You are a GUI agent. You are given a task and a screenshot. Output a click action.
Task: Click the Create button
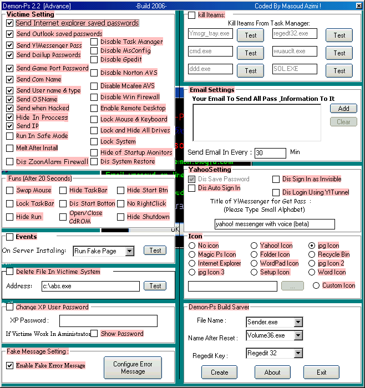point(219,372)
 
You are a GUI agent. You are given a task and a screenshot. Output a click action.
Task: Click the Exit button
point(322,372)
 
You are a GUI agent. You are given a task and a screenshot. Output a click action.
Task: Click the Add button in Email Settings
point(343,109)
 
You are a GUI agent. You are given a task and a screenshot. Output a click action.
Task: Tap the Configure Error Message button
point(133,367)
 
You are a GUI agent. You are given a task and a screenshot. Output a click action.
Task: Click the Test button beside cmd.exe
point(250,53)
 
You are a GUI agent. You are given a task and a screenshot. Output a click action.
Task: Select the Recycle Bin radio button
point(313,254)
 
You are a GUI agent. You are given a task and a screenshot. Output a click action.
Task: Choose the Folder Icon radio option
point(254,254)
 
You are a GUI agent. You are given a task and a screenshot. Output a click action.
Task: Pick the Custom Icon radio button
point(316,285)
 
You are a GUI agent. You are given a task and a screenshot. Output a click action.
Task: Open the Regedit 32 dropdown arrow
point(298,353)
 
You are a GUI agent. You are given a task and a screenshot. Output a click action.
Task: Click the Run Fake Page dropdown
point(104,251)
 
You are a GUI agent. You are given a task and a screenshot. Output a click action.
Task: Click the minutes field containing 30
point(270,152)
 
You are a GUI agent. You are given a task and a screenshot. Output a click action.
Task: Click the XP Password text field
point(108,321)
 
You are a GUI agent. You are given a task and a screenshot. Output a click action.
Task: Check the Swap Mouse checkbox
point(10,190)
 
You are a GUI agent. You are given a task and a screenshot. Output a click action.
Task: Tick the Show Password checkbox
point(94,334)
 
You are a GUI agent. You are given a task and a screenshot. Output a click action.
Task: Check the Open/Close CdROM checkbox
point(63,217)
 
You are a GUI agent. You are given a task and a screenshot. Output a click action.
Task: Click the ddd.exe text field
point(210,69)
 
